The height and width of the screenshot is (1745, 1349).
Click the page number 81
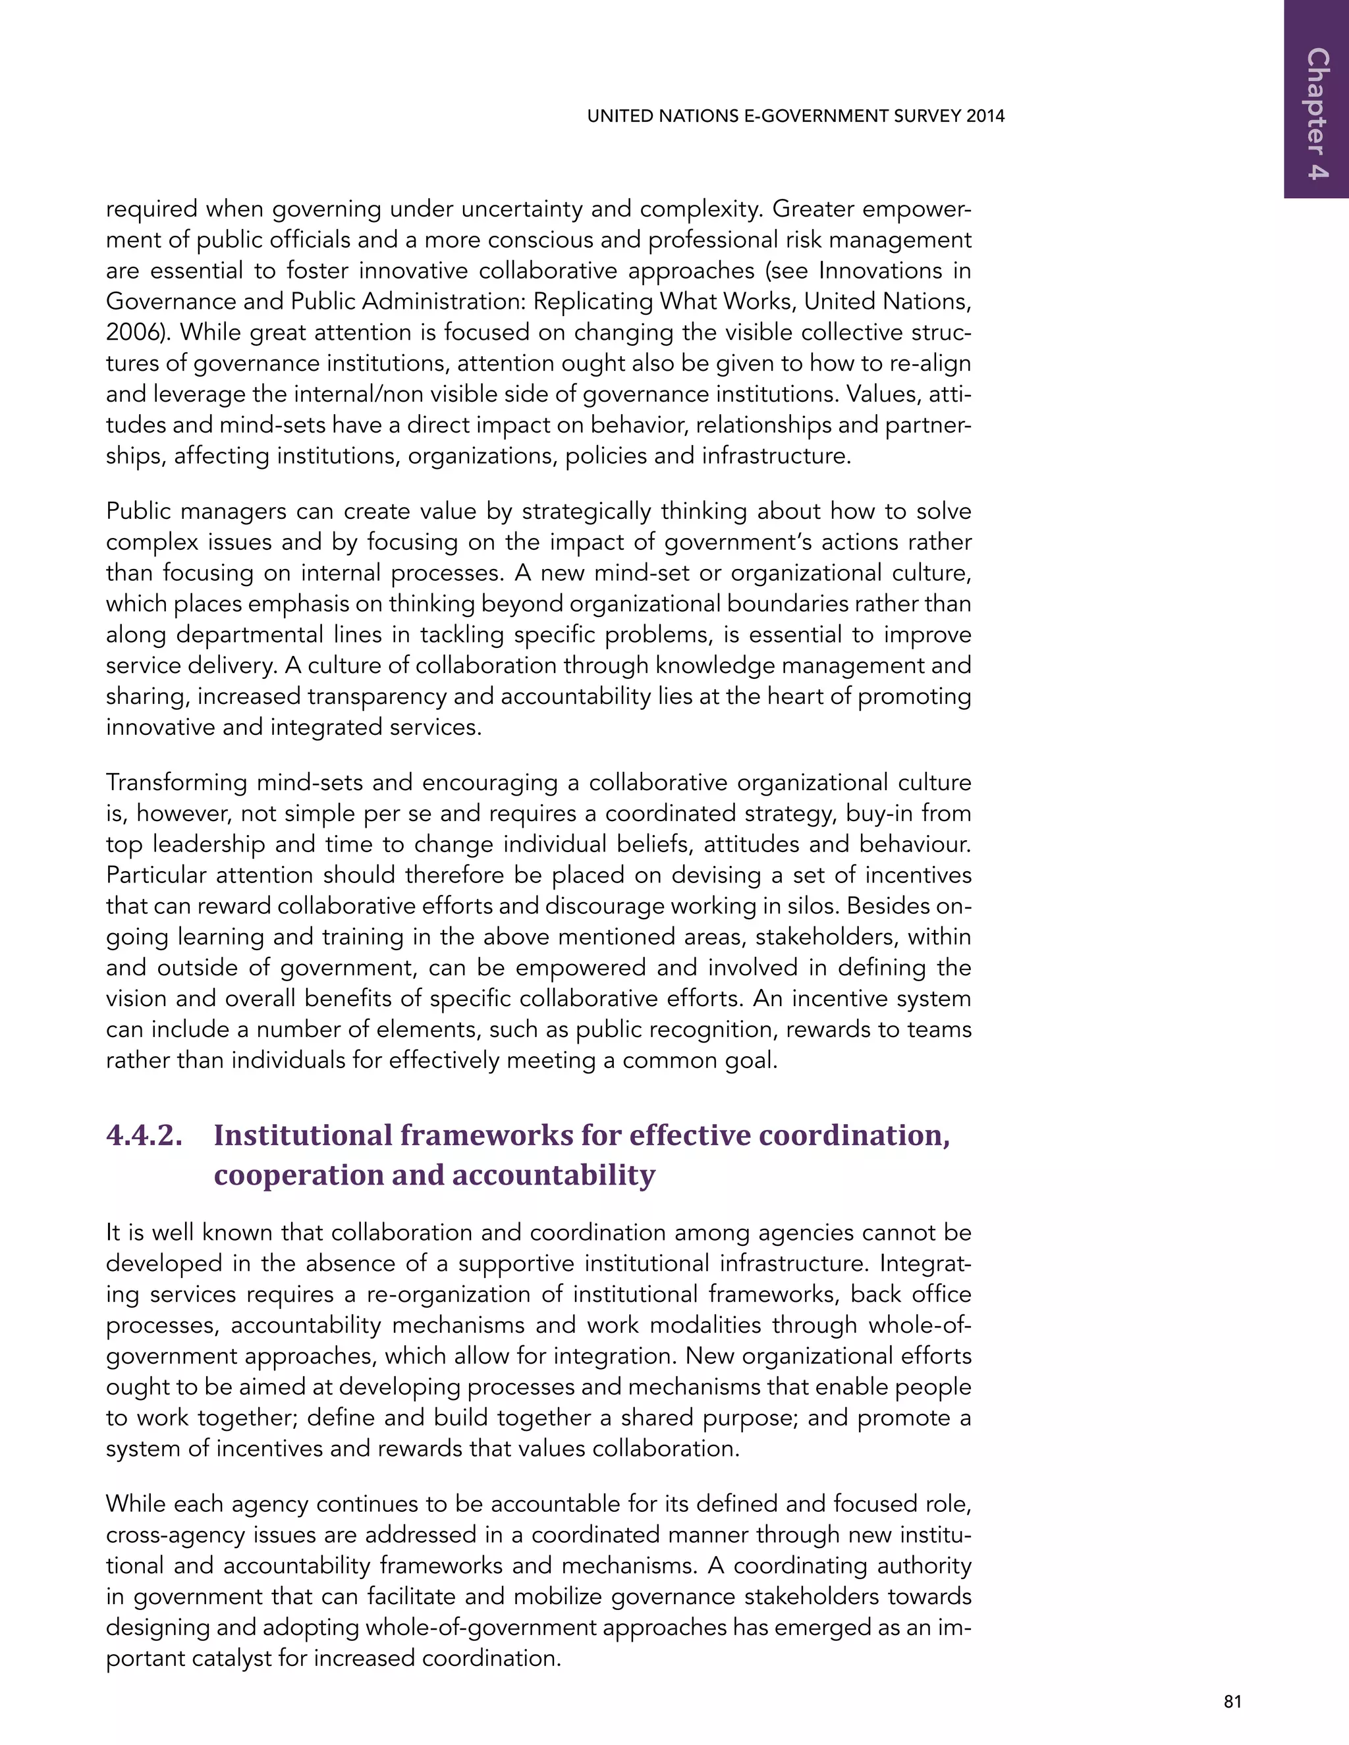click(x=1232, y=1701)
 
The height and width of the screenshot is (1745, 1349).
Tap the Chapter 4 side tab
click(x=1317, y=113)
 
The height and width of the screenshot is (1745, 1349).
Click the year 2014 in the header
click(x=985, y=116)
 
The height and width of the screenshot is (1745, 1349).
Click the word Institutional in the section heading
click(x=303, y=1135)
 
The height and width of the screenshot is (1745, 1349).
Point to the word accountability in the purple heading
click(x=553, y=1175)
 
